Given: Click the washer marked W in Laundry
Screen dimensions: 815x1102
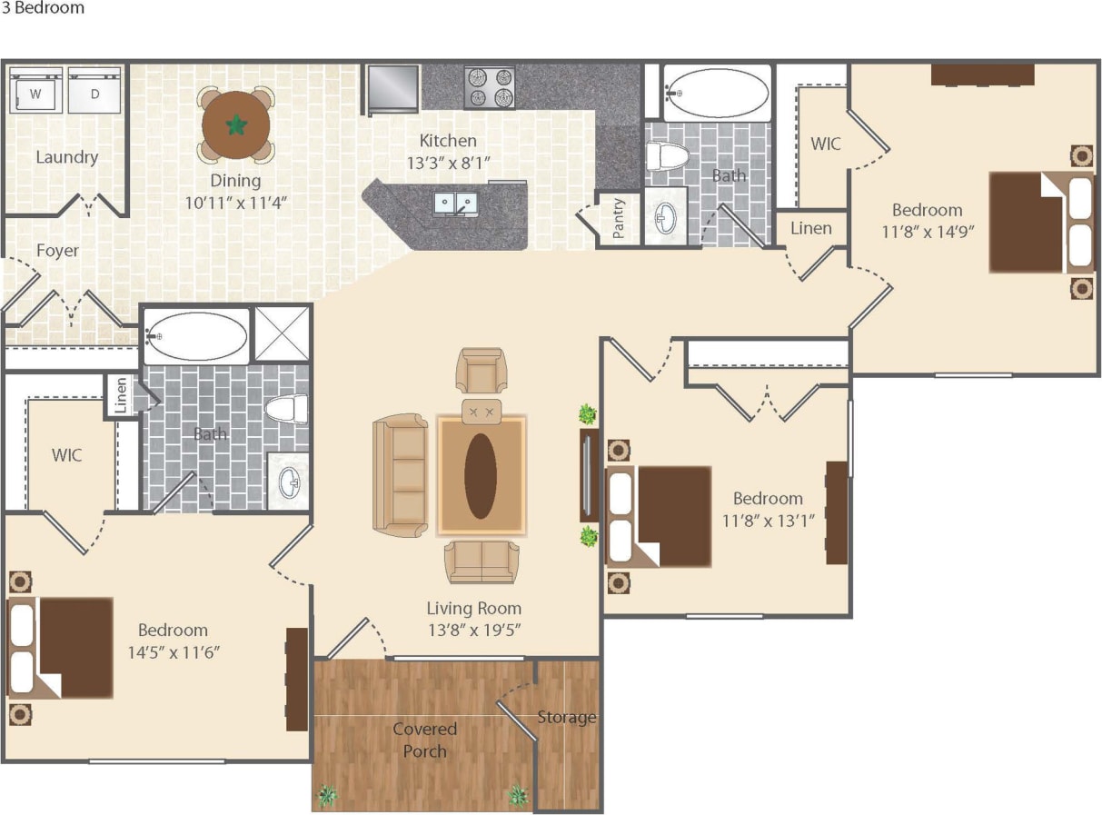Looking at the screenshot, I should click(x=36, y=91).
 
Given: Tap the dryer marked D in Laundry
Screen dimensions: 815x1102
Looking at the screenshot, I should click(x=94, y=91).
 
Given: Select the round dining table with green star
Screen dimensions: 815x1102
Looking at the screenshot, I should click(x=236, y=125).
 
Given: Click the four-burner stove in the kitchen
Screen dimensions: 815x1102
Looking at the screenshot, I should click(x=490, y=87).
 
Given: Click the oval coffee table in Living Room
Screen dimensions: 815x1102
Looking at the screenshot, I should click(x=481, y=475).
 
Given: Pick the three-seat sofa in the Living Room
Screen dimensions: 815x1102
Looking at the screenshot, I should click(x=401, y=474).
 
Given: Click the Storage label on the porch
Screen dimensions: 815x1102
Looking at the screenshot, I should click(x=566, y=717).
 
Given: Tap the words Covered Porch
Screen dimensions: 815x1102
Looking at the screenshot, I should click(x=424, y=740).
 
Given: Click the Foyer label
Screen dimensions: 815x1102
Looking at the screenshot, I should click(x=57, y=250).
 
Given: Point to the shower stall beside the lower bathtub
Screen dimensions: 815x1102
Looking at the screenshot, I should click(x=282, y=334).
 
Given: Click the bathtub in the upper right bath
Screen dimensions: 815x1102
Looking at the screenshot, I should click(x=717, y=92).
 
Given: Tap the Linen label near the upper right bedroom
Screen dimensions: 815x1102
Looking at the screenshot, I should click(x=810, y=227).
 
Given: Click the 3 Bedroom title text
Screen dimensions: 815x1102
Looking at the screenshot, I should click(x=43, y=8).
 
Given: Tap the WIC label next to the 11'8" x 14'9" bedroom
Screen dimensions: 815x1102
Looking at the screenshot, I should click(x=825, y=144).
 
